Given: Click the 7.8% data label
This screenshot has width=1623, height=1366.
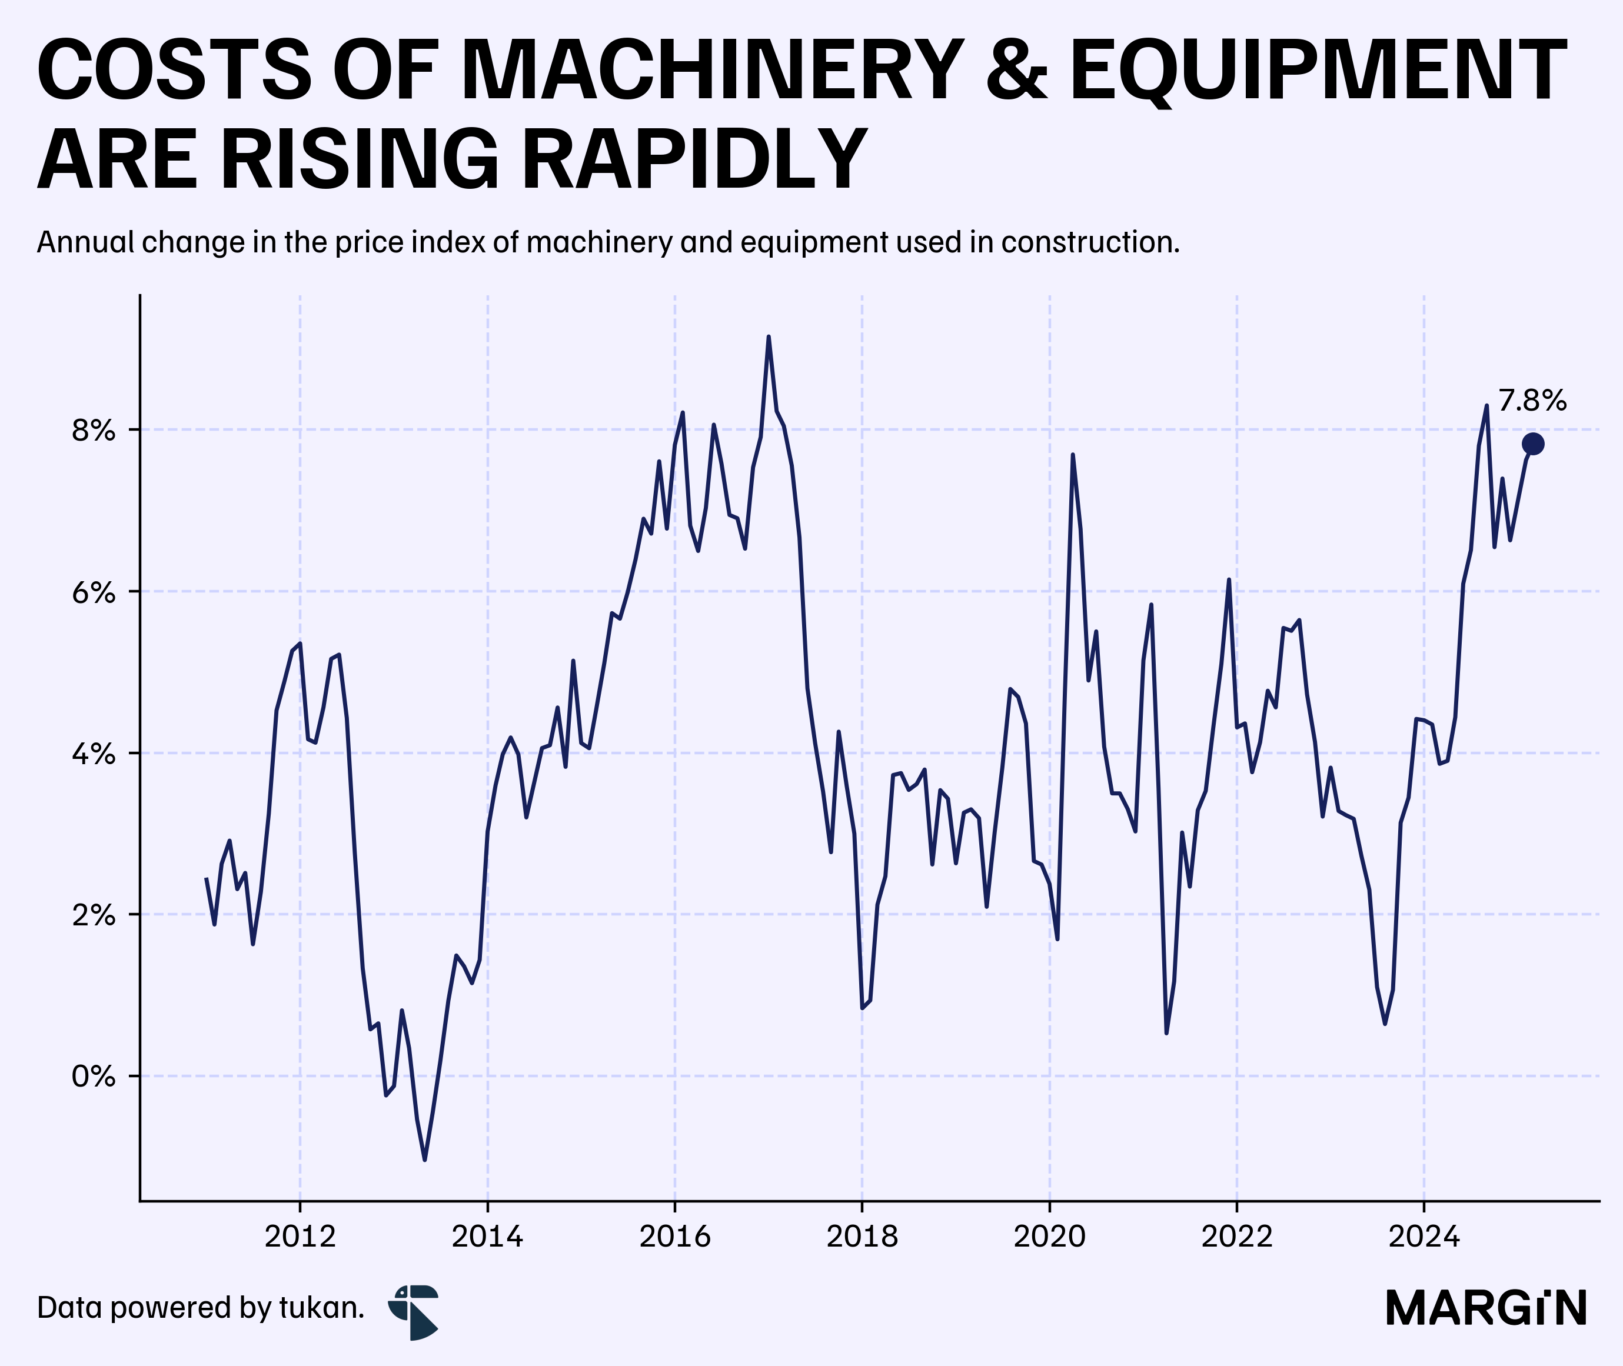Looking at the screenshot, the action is tap(1532, 401).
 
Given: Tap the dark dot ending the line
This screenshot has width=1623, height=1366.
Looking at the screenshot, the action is tap(1532, 444).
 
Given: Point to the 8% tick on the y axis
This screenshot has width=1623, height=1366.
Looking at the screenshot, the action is tap(94, 430).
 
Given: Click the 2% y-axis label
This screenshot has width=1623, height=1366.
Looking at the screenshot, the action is tap(94, 915).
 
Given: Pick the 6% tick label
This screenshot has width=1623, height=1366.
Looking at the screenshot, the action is tap(94, 592).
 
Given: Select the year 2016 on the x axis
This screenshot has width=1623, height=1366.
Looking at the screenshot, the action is tap(675, 1236).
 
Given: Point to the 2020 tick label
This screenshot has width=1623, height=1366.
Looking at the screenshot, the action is tap(1050, 1236).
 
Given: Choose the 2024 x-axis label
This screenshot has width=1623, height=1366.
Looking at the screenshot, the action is tap(1424, 1236).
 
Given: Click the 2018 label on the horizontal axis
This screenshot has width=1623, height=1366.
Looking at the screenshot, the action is tap(862, 1236).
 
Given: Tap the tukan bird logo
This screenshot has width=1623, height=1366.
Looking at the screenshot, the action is tap(414, 1312).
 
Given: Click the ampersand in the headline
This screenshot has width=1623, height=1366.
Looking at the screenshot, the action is tap(1016, 71).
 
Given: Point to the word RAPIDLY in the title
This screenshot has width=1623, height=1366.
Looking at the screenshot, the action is tap(694, 159).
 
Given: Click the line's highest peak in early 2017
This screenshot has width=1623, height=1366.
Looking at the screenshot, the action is tap(769, 337).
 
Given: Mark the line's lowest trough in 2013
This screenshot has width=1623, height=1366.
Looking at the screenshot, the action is tap(424, 1160).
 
